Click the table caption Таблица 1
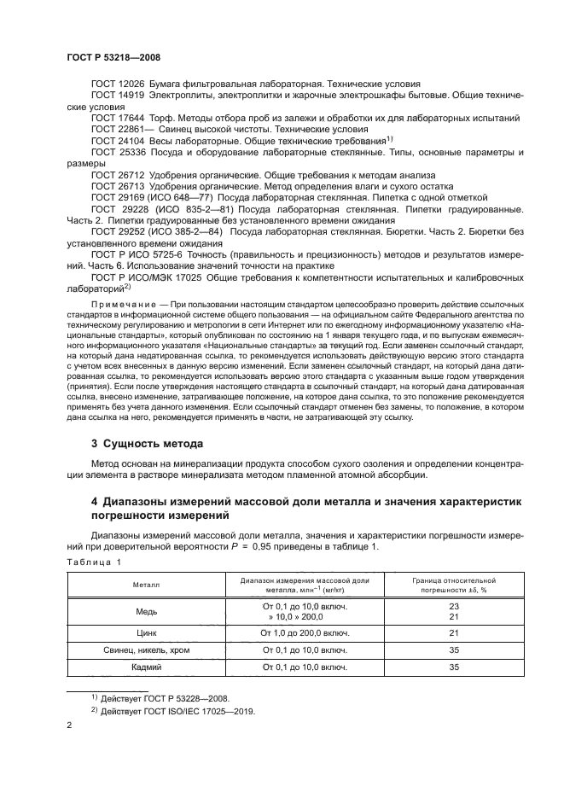[x=94, y=561]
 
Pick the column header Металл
[x=146, y=584]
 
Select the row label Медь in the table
[x=146, y=611]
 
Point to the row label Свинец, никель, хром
[x=146, y=651]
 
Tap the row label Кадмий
[x=146, y=667]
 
